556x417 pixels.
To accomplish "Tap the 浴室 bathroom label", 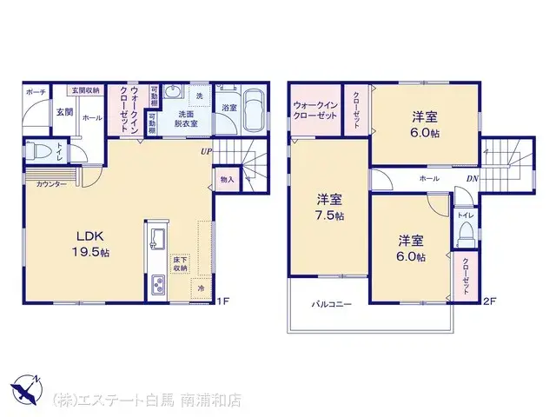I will pyautogui.click(x=228, y=108).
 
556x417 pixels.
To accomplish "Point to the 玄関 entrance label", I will pyautogui.click(x=63, y=112).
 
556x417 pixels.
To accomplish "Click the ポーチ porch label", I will pyautogui.click(x=36, y=90).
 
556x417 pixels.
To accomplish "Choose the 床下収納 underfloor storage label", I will pyautogui.click(x=179, y=264).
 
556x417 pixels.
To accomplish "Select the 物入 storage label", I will pyautogui.click(x=227, y=179).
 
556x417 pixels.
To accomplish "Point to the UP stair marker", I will pyautogui.click(x=206, y=152).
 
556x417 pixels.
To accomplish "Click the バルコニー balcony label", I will pyautogui.click(x=331, y=305).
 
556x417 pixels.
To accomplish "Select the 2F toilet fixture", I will pyautogui.click(x=465, y=233).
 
